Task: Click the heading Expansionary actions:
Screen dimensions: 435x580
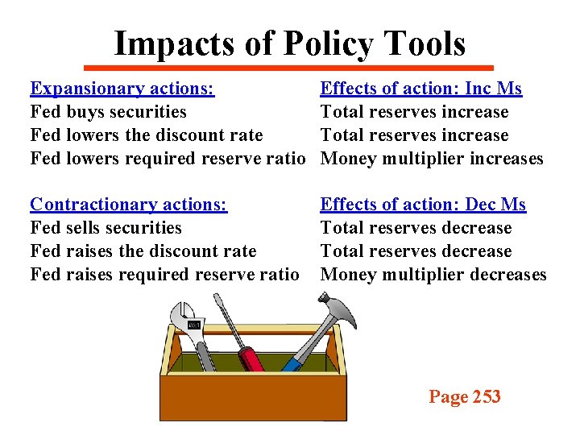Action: click(122, 89)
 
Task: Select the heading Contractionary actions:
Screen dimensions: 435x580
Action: click(129, 205)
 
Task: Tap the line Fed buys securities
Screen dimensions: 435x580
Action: click(108, 112)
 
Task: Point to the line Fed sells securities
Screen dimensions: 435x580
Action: click(106, 228)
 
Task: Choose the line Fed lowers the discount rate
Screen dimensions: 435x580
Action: click(146, 135)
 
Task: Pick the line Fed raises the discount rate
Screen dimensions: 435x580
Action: click(143, 251)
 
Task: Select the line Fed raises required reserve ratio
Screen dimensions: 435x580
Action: click(164, 275)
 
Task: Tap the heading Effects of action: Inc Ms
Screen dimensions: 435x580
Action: click(420, 89)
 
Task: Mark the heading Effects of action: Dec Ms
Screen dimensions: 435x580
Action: click(423, 205)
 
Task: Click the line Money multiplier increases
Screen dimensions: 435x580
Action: click(432, 159)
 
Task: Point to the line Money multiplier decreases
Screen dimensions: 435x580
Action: click(433, 275)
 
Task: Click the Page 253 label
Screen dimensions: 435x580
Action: click(465, 396)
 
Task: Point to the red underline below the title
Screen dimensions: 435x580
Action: click(290, 68)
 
